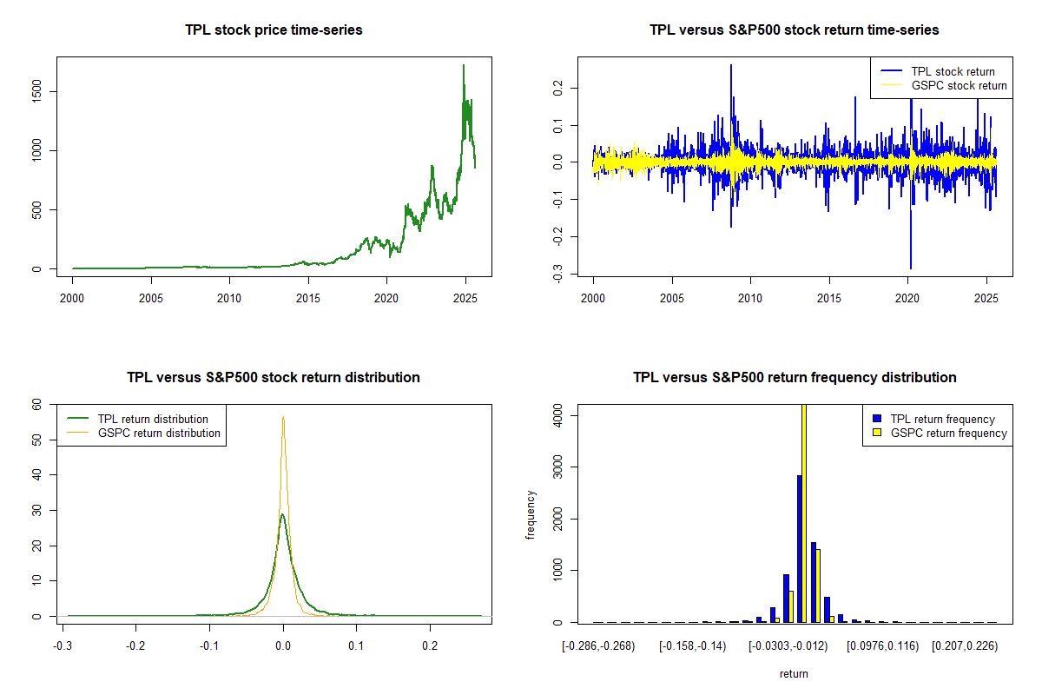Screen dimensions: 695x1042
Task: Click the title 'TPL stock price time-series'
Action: click(274, 30)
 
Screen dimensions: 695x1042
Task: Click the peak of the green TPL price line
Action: click(464, 65)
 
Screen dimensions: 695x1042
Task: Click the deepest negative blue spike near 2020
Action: click(911, 268)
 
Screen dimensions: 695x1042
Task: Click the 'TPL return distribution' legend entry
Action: click(153, 419)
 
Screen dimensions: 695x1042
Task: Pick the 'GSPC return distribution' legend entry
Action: click(159, 433)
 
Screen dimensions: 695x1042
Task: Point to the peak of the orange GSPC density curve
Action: click(283, 417)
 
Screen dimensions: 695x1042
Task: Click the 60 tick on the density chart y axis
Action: click(36, 404)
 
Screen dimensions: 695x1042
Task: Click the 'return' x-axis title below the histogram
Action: click(794, 673)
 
